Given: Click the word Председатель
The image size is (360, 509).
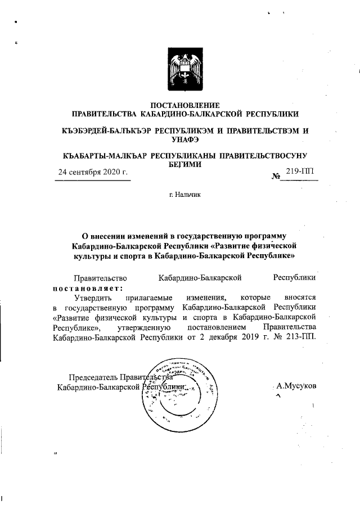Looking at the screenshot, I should coord(94,377).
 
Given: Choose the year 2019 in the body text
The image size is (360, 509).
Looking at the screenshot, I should coord(249,337).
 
